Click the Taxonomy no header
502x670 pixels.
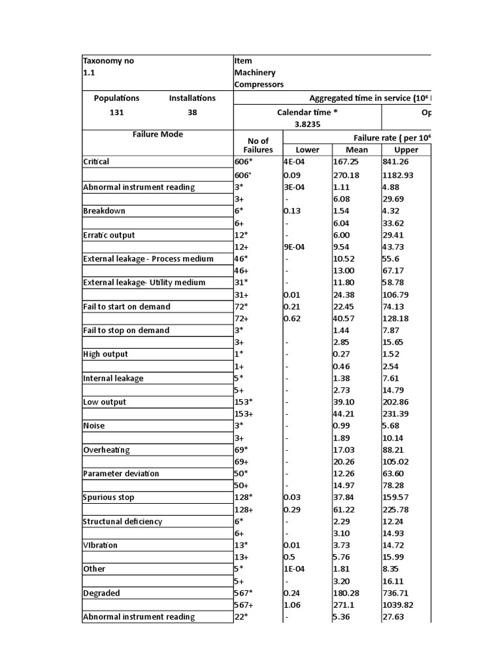(x=109, y=61)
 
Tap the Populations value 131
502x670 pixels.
(x=116, y=112)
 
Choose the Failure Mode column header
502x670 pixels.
(x=158, y=134)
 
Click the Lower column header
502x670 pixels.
(x=307, y=150)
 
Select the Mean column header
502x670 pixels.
(x=356, y=150)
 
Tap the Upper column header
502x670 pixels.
(x=406, y=150)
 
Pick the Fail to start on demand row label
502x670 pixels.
(x=127, y=306)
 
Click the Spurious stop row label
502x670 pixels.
(x=109, y=497)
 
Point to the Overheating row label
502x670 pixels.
(x=107, y=450)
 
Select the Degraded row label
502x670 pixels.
(x=101, y=593)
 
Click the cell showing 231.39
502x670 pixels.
(x=397, y=414)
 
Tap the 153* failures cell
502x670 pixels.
(x=246, y=402)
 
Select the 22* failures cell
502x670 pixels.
(x=243, y=617)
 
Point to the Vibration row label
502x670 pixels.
(x=101, y=545)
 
